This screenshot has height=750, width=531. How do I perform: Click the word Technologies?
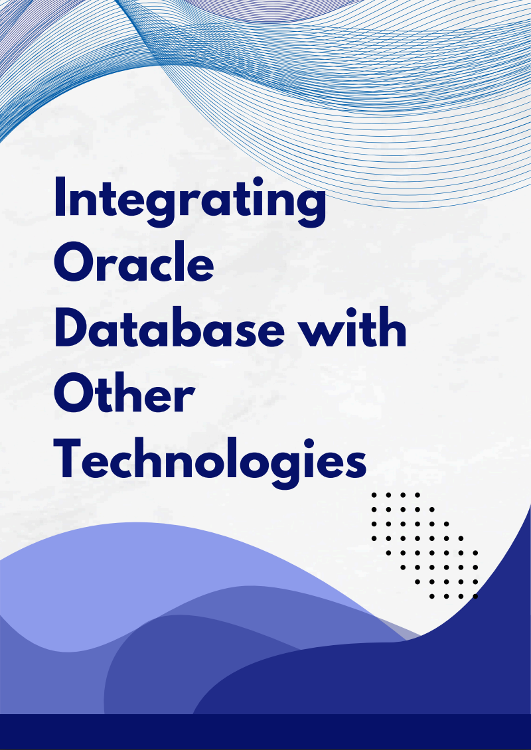point(210,459)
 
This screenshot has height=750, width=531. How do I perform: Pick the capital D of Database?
point(71,329)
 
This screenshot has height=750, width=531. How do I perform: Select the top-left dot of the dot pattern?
point(374,494)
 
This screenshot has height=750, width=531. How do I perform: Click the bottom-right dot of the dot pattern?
point(475,596)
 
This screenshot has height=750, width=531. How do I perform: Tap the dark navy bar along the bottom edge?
point(265,732)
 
